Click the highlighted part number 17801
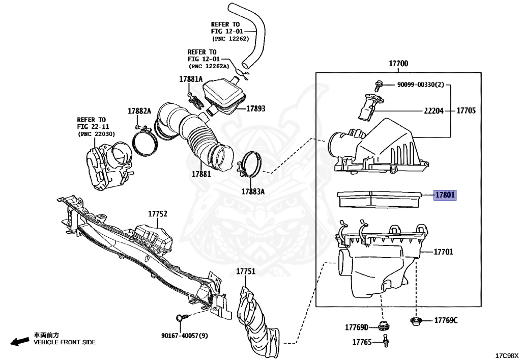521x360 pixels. pyautogui.click(x=445, y=195)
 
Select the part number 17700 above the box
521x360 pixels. pyautogui.click(x=398, y=64)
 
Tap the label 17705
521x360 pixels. pyautogui.click(x=466, y=110)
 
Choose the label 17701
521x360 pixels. pyautogui.click(x=443, y=252)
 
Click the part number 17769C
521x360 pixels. pyautogui.click(x=446, y=320)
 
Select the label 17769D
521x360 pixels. pyautogui.click(x=356, y=326)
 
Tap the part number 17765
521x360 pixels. pyautogui.click(x=362, y=342)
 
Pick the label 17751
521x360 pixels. pyautogui.click(x=245, y=271)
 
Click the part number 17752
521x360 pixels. pyautogui.click(x=158, y=214)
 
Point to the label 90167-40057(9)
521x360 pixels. pyautogui.click(x=184, y=335)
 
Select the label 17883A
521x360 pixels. pyautogui.click(x=253, y=191)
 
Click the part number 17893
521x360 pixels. pyautogui.click(x=256, y=108)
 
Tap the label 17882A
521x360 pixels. pyautogui.click(x=139, y=111)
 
